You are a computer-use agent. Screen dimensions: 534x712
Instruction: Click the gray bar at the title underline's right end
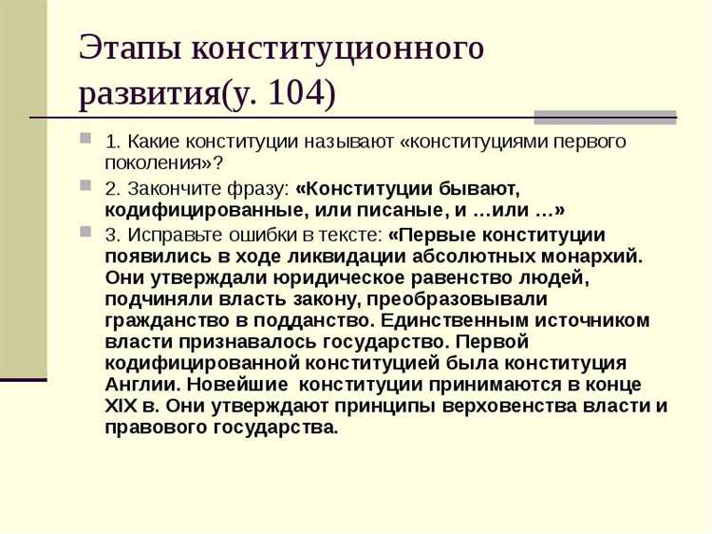coord(605,118)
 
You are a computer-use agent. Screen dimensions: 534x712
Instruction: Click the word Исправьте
coord(164,234)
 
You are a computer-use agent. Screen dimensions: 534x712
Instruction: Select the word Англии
coord(141,385)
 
